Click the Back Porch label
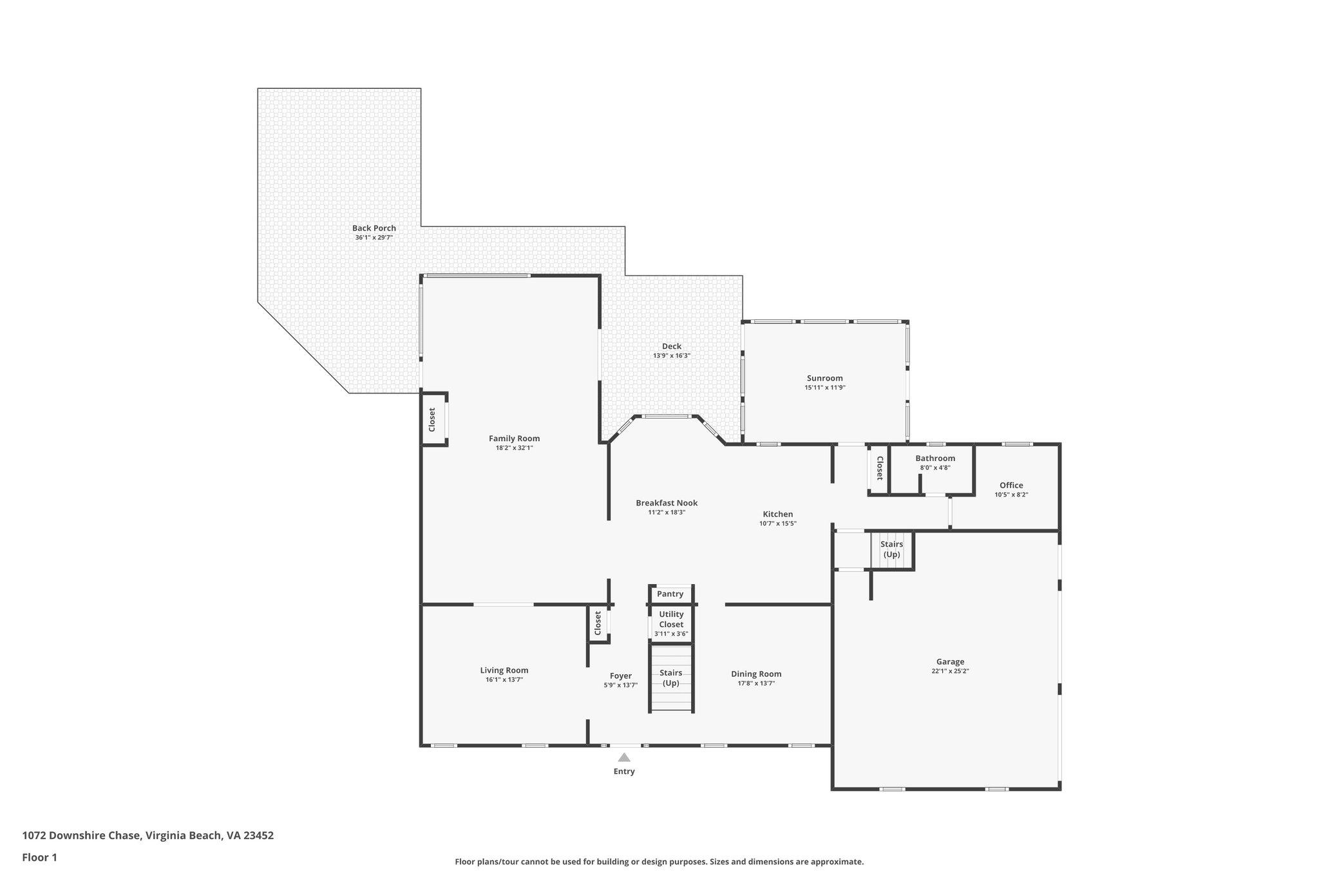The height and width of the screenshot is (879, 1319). [x=374, y=228]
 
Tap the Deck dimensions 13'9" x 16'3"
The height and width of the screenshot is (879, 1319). [x=671, y=355]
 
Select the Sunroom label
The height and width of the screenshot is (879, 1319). [x=824, y=378]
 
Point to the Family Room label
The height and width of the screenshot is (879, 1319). [x=514, y=439]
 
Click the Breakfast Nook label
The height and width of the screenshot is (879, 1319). [x=666, y=503]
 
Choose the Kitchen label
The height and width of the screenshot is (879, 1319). [x=777, y=514]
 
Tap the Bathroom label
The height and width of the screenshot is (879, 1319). [x=935, y=458]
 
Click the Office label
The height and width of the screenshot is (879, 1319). [x=1011, y=486]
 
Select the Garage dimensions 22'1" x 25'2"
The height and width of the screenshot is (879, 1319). [x=950, y=671]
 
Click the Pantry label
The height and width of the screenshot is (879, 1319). [x=670, y=594]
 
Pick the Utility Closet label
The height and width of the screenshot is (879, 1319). [x=671, y=619]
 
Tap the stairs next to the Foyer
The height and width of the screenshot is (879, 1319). [x=671, y=678]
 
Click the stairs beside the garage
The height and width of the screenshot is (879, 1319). [x=891, y=550]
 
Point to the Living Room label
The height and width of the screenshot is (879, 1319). [x=504, y=670]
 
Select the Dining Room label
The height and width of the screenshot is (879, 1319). [x=755, y=674]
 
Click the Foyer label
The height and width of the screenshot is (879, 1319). [x=620, y=676]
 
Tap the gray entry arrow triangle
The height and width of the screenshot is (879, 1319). [x=623, y=758]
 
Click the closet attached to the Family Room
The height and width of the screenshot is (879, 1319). [x=433, y=419]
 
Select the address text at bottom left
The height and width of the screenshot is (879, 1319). [x=147, y=836]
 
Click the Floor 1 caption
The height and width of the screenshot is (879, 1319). [x=39, y=858]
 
